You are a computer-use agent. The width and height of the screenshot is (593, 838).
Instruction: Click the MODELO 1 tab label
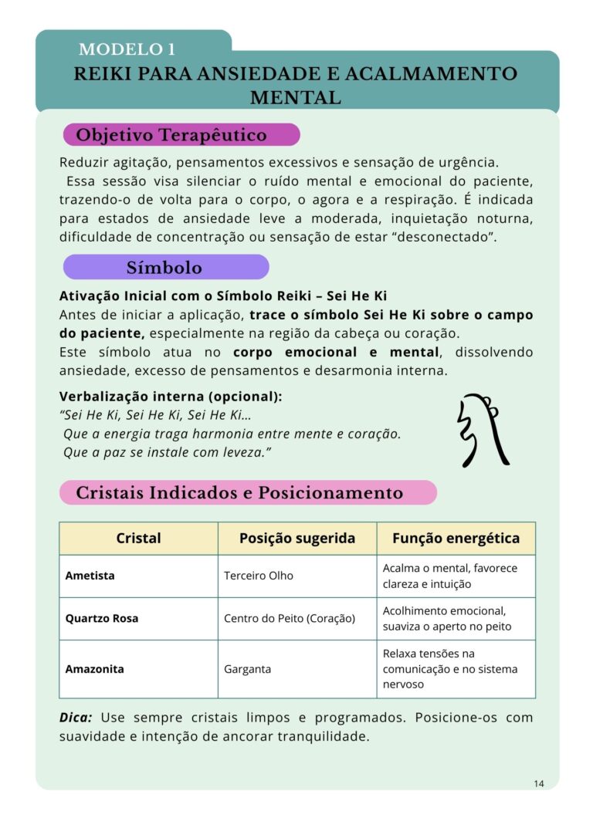(127, 50)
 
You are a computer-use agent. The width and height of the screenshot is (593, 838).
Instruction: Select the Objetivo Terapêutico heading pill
(171, 135)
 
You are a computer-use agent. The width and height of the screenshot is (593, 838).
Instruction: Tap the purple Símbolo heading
(164, 268)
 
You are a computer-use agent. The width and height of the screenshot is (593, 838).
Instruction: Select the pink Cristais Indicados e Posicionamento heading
(239, 492)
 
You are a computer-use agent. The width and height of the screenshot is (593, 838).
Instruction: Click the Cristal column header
(138, 539)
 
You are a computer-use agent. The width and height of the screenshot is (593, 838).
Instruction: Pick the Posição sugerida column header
(297, 539)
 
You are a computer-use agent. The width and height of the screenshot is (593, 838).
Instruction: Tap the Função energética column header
(456, 539)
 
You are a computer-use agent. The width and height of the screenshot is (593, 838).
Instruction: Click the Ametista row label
(90, 576)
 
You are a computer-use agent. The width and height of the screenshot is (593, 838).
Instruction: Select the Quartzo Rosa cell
(102, 618)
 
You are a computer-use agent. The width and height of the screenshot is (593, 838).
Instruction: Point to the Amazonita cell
(94, 669)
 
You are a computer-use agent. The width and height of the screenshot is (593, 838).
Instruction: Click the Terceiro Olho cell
(259, 576)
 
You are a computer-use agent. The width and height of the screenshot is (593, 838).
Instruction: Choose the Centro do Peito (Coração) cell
(289, 618)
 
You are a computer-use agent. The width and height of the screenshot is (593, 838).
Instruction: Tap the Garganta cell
(247, 669)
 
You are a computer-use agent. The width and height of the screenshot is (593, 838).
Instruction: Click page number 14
(538, 784)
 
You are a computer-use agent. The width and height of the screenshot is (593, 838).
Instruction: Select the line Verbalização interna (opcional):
(171, 397)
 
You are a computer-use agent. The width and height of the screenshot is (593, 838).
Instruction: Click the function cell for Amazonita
(450, 669)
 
